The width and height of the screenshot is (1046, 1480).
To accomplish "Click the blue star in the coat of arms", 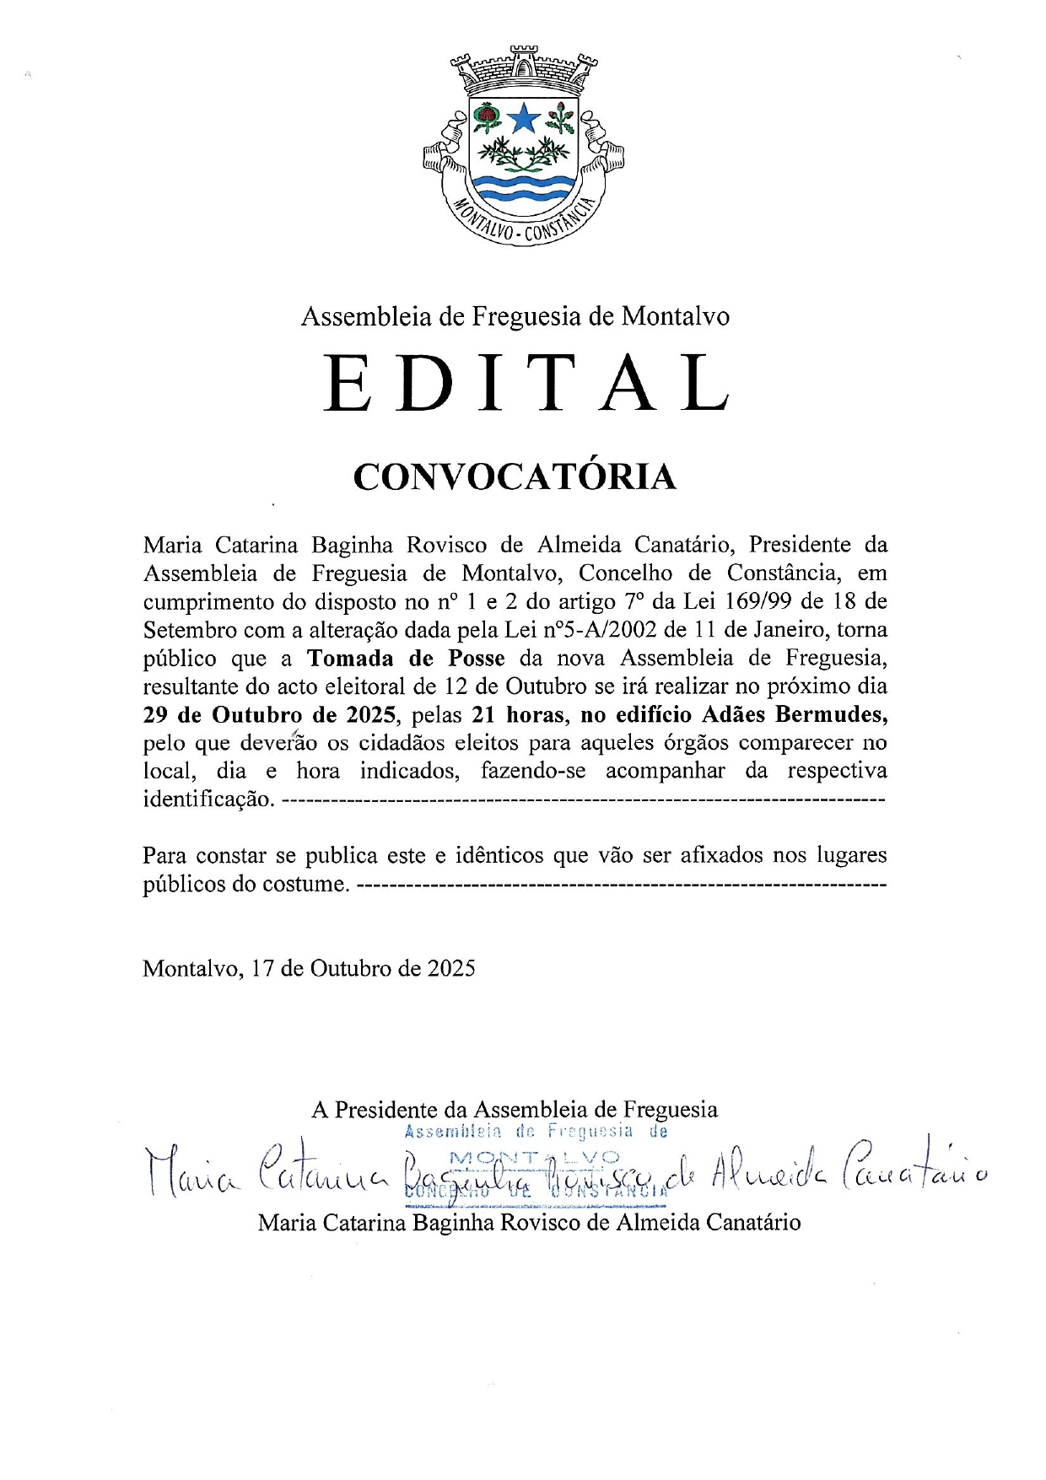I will (x=524, y=118).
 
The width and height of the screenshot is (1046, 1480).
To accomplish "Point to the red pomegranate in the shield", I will (x=486, y=115).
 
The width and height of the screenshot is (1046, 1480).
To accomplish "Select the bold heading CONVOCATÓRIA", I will (x=515, y=476).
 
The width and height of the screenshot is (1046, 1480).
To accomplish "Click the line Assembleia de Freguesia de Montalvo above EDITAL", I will (x=515, y=316).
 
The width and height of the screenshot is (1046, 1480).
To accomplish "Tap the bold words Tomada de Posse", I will (x=406, y=658).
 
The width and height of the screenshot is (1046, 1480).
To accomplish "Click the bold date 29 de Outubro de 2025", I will (x=269, y=715).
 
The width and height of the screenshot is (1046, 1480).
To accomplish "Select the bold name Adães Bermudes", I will (x=795, y=715).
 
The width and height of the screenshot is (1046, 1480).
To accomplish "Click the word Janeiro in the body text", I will (x=789, y=630).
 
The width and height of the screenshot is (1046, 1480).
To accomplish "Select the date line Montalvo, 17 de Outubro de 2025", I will (x=309, y=968).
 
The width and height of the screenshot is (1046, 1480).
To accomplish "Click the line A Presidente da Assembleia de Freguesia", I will (x=515, y=1109).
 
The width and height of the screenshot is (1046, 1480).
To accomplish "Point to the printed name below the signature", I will (x=529, y=1222).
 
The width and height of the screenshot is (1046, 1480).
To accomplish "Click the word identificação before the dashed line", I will (x=208, y=799).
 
